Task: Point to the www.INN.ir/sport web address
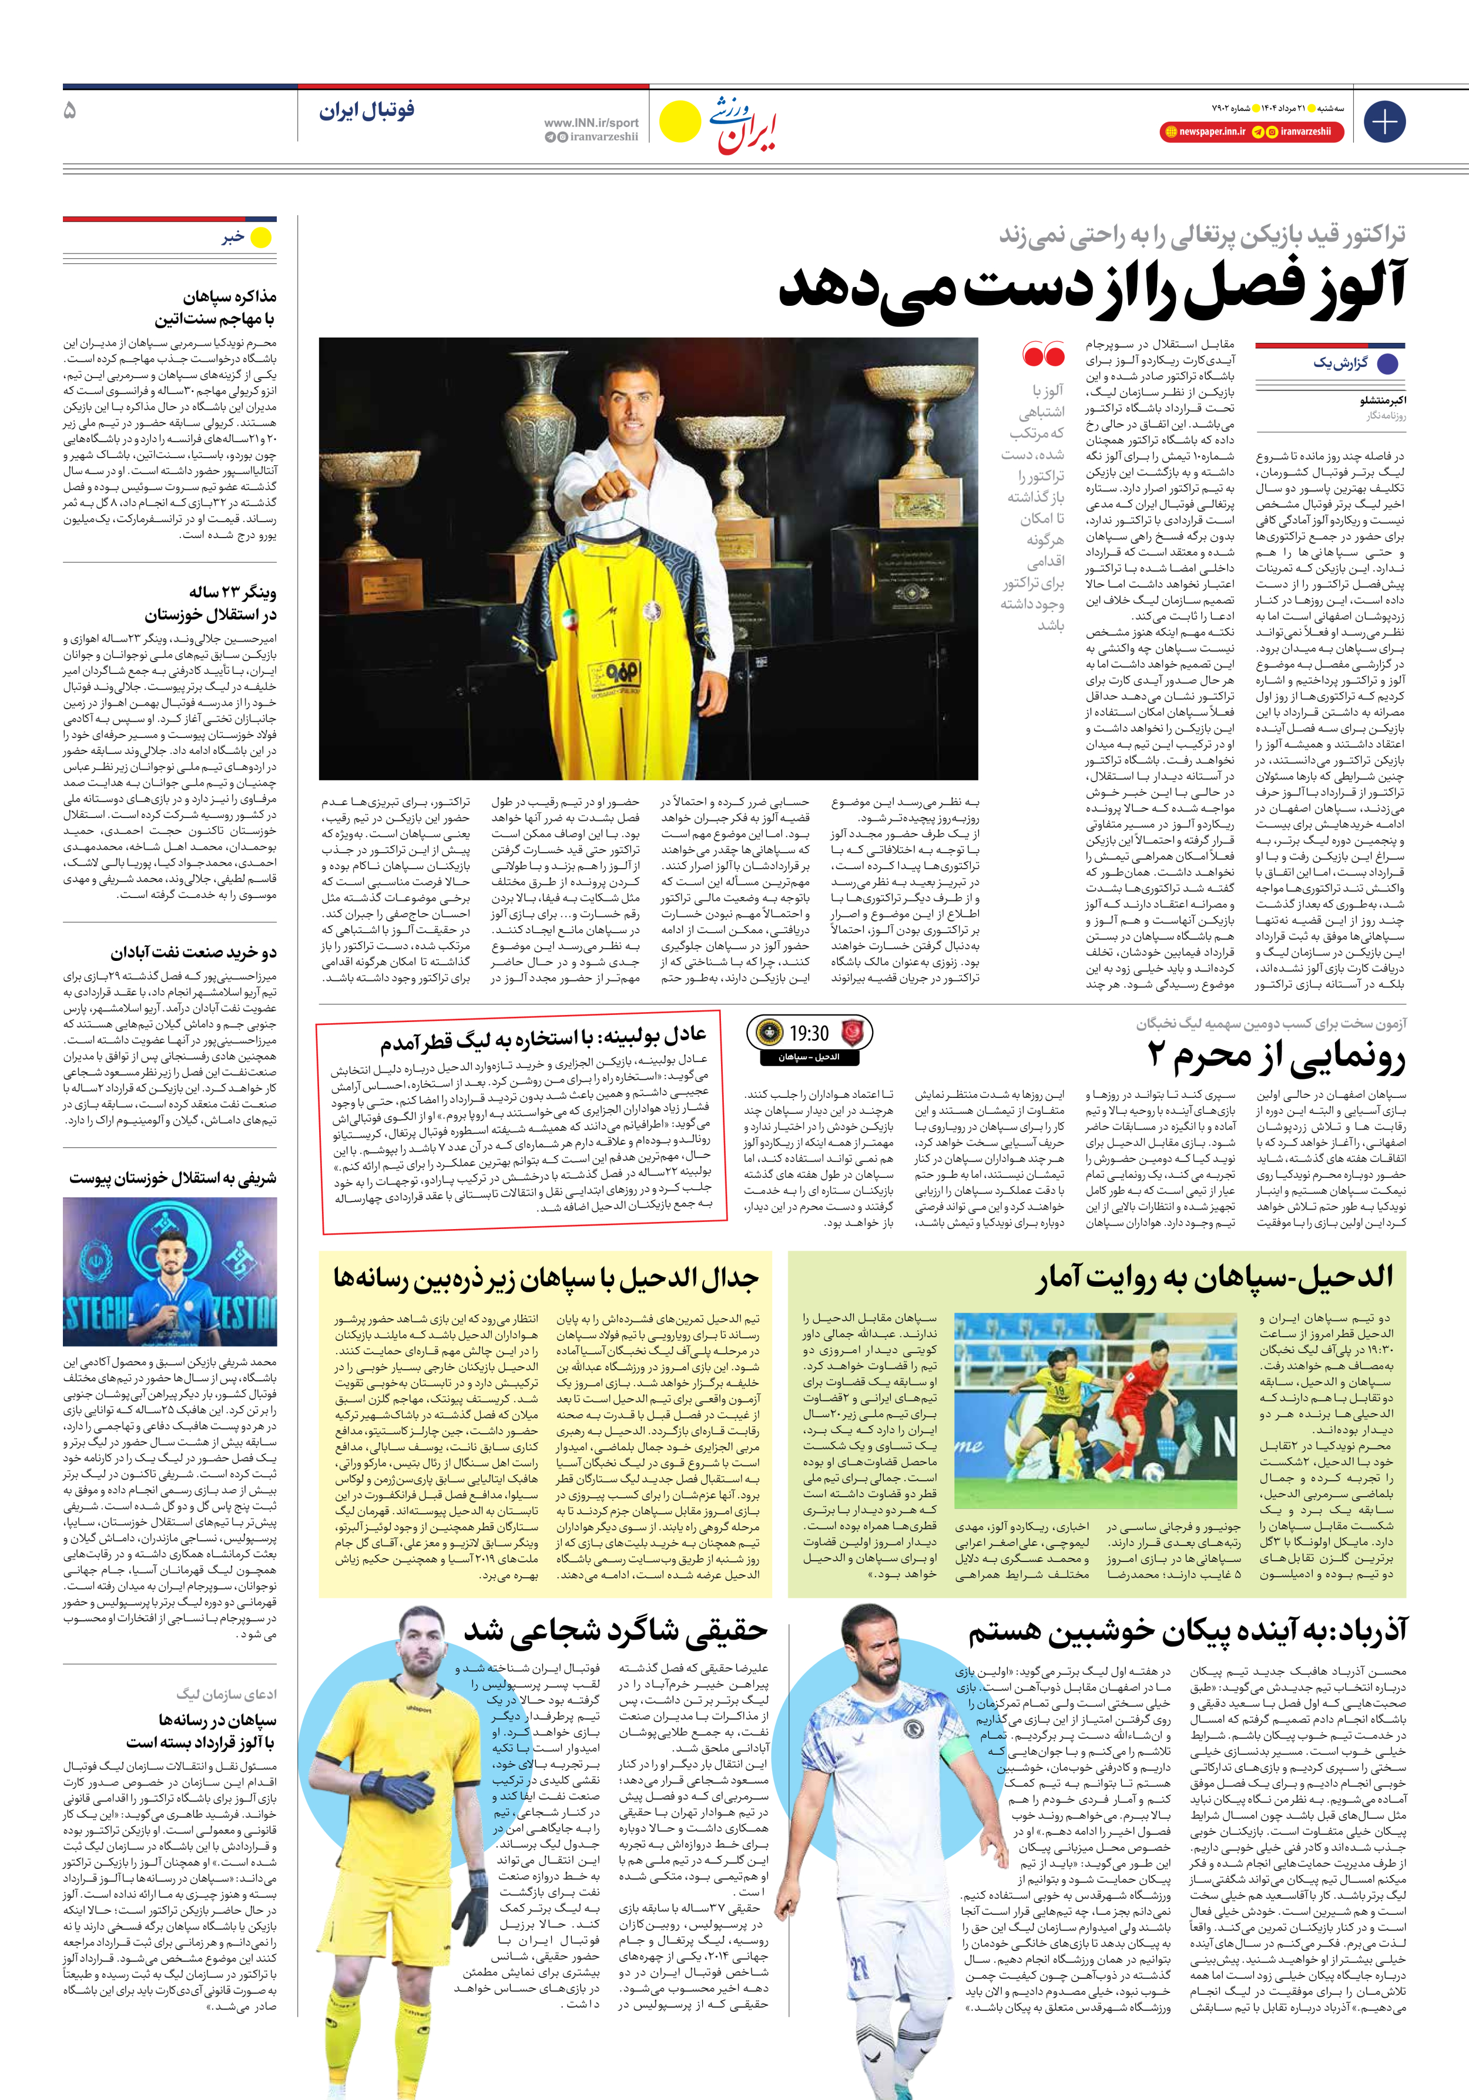pos(591,122)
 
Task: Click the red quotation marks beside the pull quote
pos(1044,355)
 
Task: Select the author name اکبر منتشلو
pos(1382,400)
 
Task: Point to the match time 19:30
pos(808,1034)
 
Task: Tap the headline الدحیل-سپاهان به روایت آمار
pos(1215,1278)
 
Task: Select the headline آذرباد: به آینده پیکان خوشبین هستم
pos(1188,1631)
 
